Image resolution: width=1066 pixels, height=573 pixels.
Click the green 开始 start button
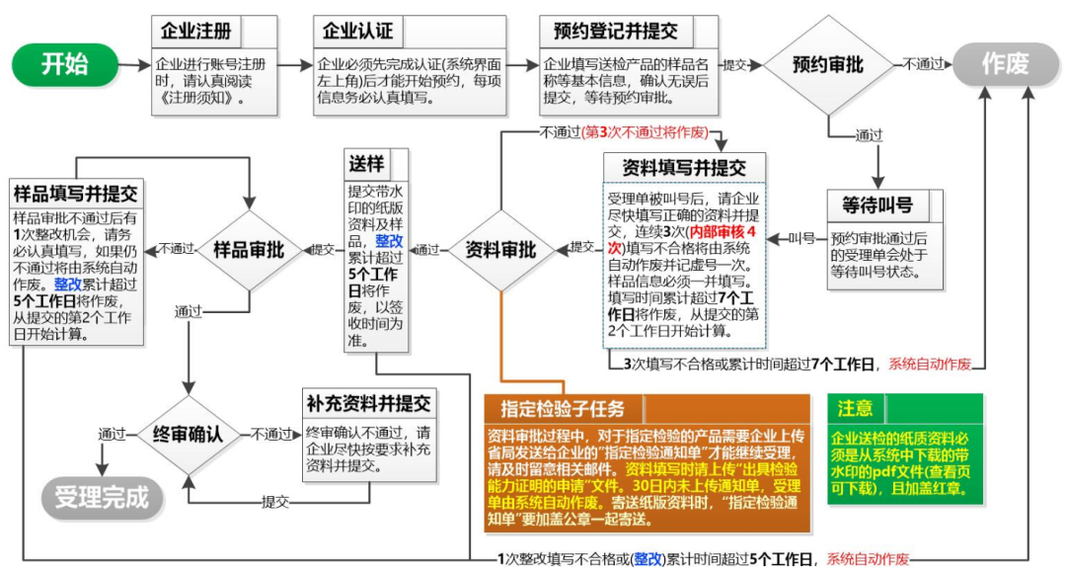click(x=65, y=65)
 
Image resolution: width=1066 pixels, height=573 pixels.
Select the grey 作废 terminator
click(x=1005, y=65)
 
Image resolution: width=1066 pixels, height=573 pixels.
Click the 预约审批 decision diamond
click(x=827, y=65)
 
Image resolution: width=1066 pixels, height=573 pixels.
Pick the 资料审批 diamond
click(x=500, y=250)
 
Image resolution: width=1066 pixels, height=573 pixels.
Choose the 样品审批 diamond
click(x=249, y=250)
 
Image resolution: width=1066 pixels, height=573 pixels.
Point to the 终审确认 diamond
click(x=187, y=433)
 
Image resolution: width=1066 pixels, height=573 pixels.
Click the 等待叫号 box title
click(x=877, y=206)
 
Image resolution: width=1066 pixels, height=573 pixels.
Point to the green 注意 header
click(x=855, y=408)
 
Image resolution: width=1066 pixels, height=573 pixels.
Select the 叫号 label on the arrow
click(x=802, y=238)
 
